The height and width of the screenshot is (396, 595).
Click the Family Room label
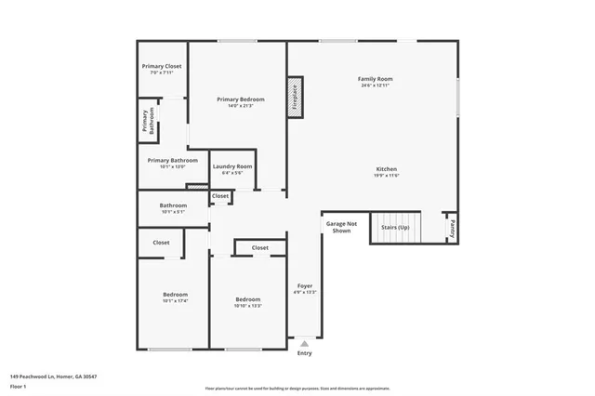(x=375, y=79)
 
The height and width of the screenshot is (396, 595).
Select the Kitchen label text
(x=386, y=169)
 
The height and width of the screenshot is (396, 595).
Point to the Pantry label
(x=451, y=225)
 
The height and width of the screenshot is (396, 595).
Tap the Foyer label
(x=305, y=285)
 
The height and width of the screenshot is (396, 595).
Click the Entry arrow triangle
(x=305, y=343)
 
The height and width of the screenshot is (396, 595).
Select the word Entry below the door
(x=305, y=353)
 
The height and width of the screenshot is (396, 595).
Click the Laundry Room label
(x=232, y=166)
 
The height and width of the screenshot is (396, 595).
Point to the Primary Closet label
(x=162, y=66)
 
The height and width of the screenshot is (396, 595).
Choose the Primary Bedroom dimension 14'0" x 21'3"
(x=241, y=106)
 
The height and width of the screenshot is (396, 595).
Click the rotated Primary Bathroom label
(x=146, y=122)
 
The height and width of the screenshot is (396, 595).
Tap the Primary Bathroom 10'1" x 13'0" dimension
(x=173, y=166)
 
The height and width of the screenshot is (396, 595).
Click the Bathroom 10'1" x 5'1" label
(x=173, y=212)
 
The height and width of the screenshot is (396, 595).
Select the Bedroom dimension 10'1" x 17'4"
(x=175, y=301)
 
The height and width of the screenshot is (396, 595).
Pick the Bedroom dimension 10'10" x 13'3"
(x=247, y=306)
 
